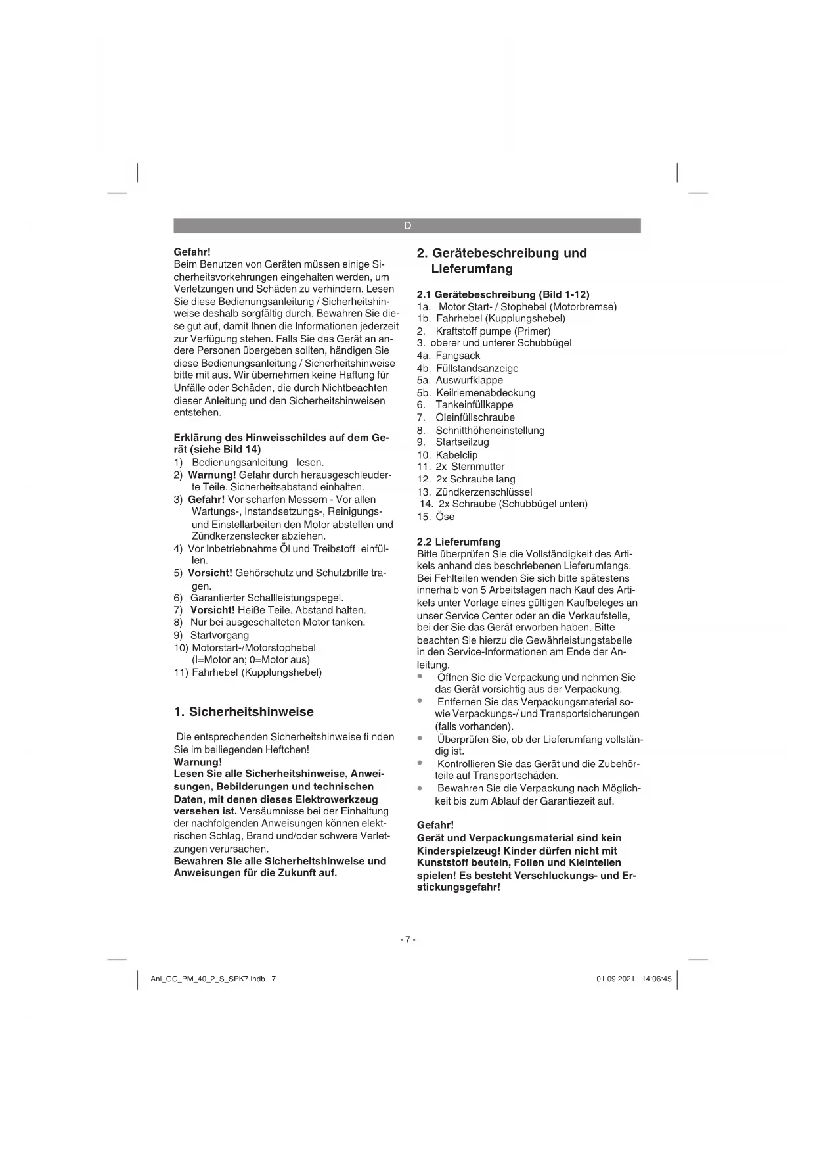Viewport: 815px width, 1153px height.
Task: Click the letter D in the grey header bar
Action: pos(407,225)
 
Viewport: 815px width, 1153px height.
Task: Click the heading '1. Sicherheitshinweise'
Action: pos(244,712)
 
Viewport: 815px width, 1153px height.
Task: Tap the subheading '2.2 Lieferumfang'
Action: pos(458,542)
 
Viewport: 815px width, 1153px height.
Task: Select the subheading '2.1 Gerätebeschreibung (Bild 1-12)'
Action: pos(503,294)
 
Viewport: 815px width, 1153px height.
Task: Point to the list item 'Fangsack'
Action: pos(458,356)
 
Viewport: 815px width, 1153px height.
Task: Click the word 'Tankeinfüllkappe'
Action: pos(474,405)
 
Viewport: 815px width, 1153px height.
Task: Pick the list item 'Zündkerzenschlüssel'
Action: pos(484,492)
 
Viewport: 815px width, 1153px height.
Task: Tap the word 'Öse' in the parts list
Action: pos(445,517)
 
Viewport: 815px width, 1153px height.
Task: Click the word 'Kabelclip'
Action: pos(456,455)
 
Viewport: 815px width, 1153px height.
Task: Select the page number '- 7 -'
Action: pos(407,939)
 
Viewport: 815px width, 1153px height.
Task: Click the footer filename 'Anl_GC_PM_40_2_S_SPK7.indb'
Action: pos(208,979)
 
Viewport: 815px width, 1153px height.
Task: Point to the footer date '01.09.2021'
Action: pos(615,979)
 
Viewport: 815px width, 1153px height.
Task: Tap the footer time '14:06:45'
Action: pos(657,979)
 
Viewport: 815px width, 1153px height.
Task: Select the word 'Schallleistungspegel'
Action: pos(295,598)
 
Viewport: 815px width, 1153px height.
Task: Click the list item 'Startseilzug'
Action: pos(462,442)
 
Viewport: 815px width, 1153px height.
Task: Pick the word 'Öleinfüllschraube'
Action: pos(475,418)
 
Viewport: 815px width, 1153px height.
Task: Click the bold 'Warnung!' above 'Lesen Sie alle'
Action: pos(198,762)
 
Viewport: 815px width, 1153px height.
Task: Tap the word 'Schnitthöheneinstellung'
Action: pos(490,431)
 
